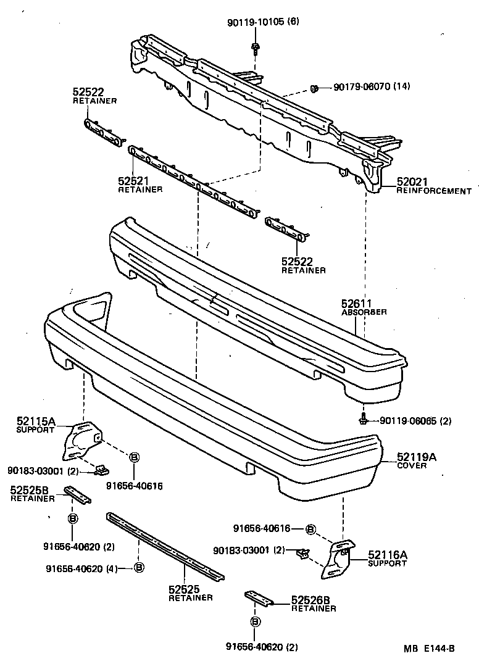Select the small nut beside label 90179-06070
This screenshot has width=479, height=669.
tap(314, 88)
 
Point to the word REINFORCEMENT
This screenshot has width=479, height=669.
tap(433, 191)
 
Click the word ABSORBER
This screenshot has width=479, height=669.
tap(364, 312)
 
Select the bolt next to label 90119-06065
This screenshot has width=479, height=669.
tap(364, 421)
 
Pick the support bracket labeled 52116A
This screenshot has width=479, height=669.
tap(336, 559)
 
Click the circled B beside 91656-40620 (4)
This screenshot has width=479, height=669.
tap(138, 568)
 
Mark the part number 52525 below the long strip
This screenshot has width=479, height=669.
tap(182, 589)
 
